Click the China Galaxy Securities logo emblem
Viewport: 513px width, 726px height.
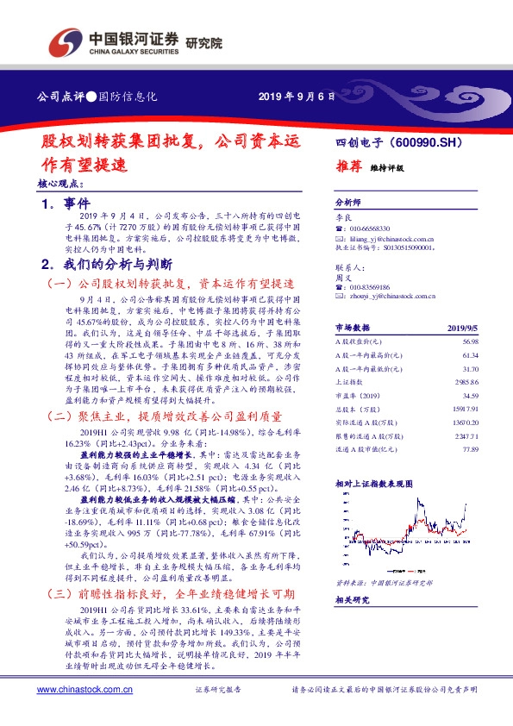(66, 41)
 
